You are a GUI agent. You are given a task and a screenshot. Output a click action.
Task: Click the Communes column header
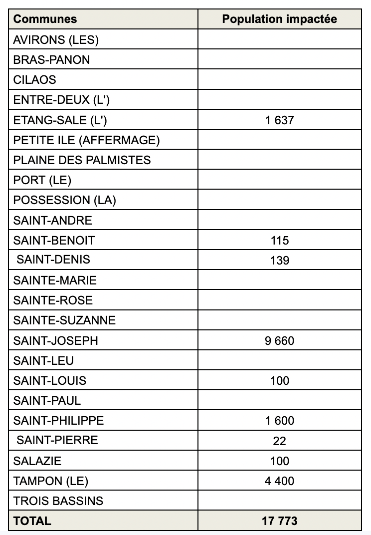pyautogui.click(x=45, y=19)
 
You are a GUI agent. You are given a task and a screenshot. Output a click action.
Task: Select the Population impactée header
pyautogui.click(x=279, y=19)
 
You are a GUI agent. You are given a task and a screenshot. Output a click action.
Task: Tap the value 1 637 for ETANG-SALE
pyautogui.click(x=279, y=120)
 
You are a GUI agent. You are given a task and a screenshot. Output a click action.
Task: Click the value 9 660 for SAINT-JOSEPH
pyautogui.click(x=279, y=341)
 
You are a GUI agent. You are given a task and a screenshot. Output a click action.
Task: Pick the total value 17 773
pyautogui.click(x=279, y=521)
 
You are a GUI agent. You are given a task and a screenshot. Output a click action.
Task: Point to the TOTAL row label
pyautogui.click(x=32, y=521)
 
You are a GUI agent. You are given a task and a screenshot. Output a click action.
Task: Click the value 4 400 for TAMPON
pyautogui.click(x=279, y=481)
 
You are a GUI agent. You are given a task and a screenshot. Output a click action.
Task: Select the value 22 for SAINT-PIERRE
pyautogui.click(x=279, y=441)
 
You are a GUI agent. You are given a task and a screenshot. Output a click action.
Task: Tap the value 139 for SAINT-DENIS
pyautogui.click(x=279, y=261)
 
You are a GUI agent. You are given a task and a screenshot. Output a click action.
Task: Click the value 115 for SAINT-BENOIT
pyautogui.click(x=279, y=241)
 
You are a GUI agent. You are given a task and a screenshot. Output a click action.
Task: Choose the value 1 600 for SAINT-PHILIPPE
pyautogui.click(x=279, y=421)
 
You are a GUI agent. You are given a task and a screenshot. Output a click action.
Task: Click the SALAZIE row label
pyautogui.click(x=37, y=461)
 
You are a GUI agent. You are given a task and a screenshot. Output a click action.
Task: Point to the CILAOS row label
pyautogui.click(x=35, y=80)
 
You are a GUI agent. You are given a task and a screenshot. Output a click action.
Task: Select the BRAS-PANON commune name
pyautogui.click(x=52, y=60)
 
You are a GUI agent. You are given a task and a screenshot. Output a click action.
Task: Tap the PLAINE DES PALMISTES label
pyautogui.click(x=82, y=160)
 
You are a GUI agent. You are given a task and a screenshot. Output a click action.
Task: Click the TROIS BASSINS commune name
pyautogui.click(x=58, y=501)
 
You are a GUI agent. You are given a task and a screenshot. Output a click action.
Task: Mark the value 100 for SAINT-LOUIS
pyautogui.click(x=279, y=381)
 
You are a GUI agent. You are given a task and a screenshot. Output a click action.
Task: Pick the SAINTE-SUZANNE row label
pyautogui.click(x=64, y=320)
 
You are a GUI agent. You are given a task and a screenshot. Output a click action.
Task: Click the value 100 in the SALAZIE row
pyautogui.click(x=279, y=461)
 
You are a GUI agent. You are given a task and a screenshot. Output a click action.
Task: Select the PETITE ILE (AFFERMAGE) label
pyautogui.click(x=87, y=140)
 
